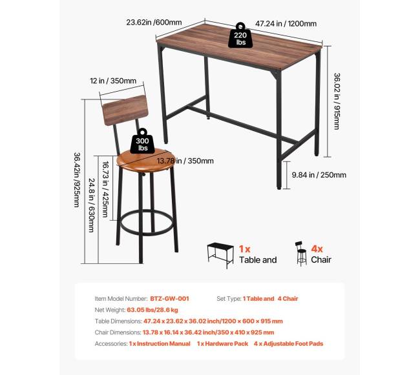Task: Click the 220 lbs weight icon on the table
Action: (240, 35)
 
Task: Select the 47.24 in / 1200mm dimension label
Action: (286, 24)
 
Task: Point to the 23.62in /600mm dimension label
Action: (154, 22)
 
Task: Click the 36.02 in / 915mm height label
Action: (337, 101)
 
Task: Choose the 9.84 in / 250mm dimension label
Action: (319, 175)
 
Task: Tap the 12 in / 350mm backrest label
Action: (113, 81)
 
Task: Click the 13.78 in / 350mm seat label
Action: (185, 161)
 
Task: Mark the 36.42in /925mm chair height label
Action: (77, 179)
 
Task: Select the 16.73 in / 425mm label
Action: (105, 189)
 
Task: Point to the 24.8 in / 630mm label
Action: (91, 205)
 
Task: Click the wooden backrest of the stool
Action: (125, 110)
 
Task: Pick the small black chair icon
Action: (301, 254)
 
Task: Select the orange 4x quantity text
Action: (317, 249)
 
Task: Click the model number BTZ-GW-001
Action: (169, 299)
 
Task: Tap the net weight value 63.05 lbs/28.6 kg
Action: (152, 310)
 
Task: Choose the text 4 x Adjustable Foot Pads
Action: (288, 344)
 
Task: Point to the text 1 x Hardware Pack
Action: (222, 344)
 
